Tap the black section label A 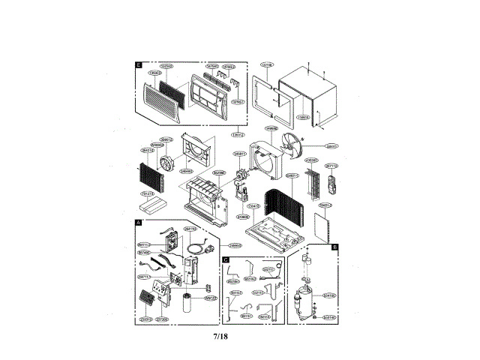(139, 223)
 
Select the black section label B (334, 246)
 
